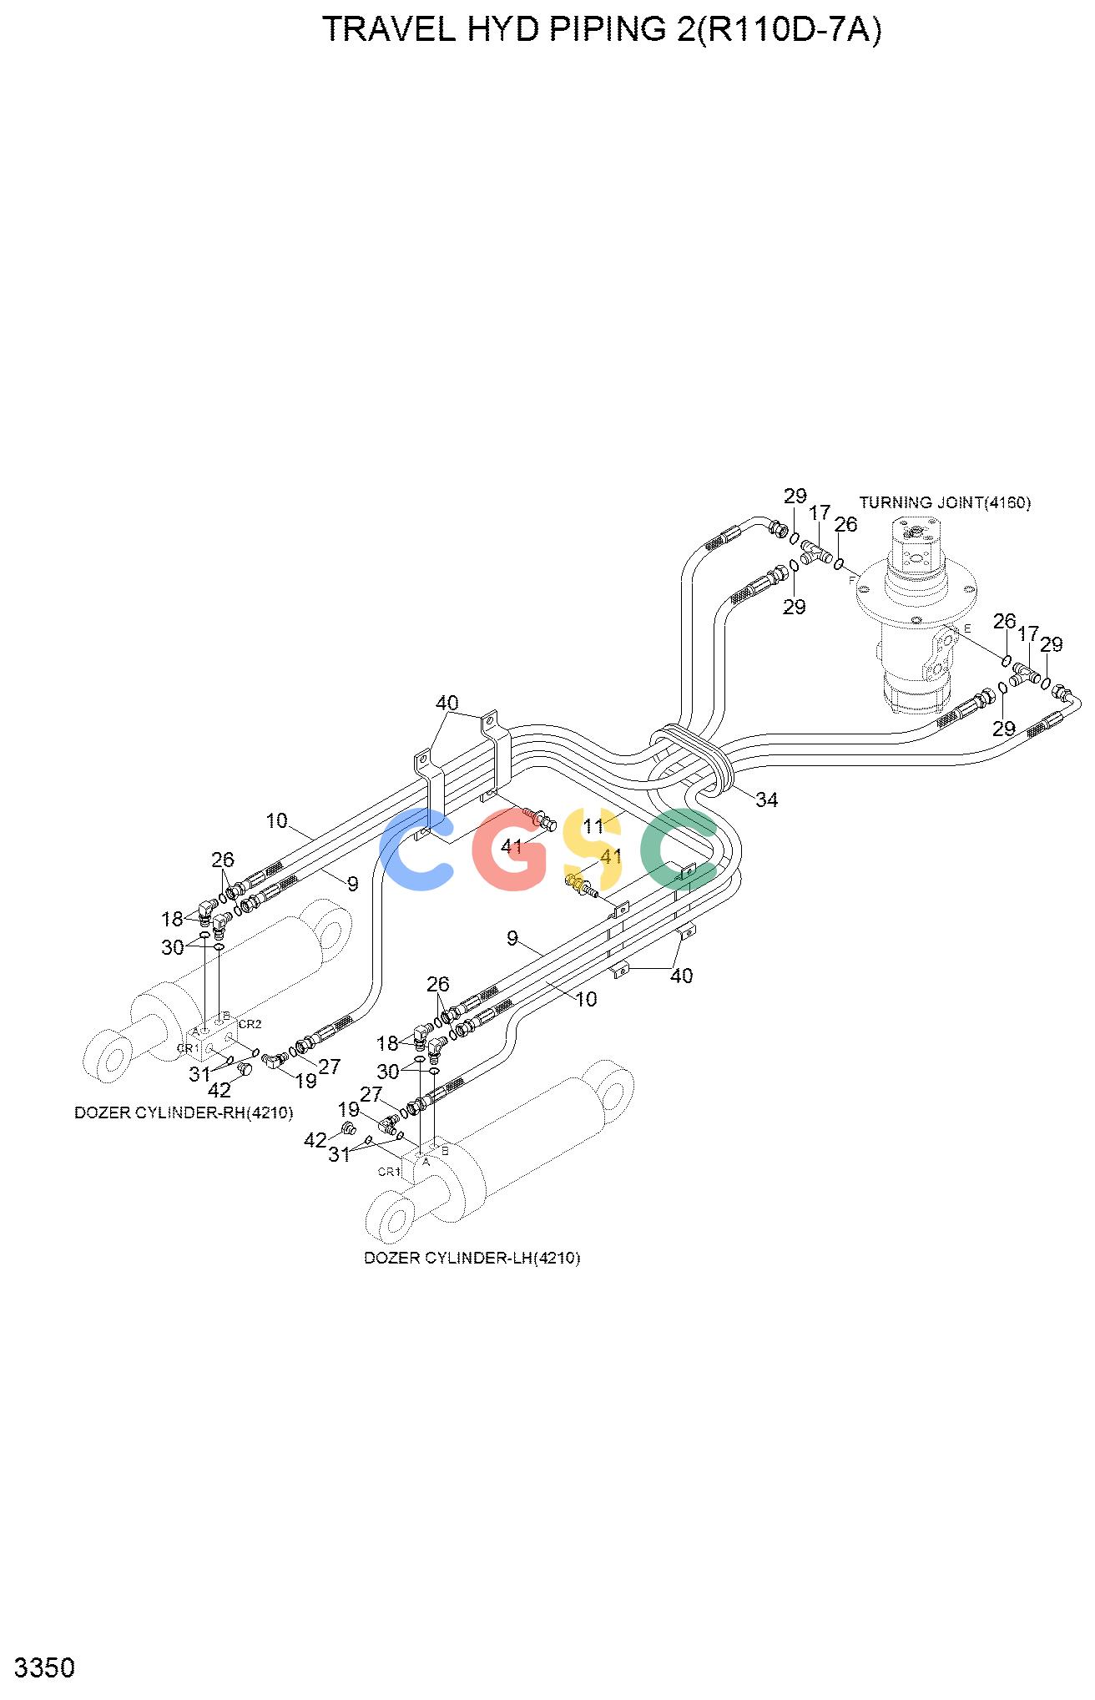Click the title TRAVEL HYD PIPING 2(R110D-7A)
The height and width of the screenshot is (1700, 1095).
pyautogui.click(x=601, y=30)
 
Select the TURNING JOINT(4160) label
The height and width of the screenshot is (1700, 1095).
pyautogui.click(x=945, y=502)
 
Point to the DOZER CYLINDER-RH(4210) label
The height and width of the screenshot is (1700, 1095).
pyautogui.click(x=184, y=1112)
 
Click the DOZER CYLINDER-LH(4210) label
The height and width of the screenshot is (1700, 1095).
pyautogui.click(x=472, y=1258)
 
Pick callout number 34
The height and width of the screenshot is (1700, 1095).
pyautogui.click(x=766, y=800)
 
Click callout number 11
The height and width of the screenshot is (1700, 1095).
pyautogui.click(x=593, y=826)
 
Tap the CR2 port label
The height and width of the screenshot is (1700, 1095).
pyautogui.click(x=250, y=1024)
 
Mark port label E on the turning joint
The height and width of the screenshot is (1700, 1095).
pyautogui.click(x=967, y=628)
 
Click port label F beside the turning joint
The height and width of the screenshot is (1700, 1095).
pyautogui.click(x=851, y=579)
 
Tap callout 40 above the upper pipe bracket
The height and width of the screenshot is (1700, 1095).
pyautogui.click(x=447, y=704)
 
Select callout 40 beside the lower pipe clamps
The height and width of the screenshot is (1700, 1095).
pyautogui.click(x=682, y=976)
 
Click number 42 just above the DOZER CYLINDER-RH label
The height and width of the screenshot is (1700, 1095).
pyautogui.click(x=220, y=1090)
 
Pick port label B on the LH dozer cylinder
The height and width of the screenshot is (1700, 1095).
pyautogui.click(x=445, y=1151)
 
